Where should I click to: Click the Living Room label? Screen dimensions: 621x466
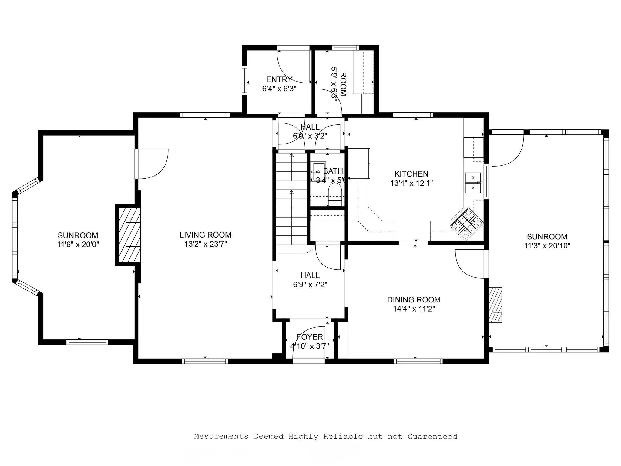point(205,235)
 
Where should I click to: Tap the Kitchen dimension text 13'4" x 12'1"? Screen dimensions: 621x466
point(411,183)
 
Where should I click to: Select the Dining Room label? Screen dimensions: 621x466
point(414,300)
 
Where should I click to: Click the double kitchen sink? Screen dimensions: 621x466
point(473,183)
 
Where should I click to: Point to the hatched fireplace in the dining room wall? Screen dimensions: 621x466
point(495,305)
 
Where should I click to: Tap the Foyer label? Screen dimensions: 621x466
point(310,337)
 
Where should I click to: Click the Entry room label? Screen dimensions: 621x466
point(279,79)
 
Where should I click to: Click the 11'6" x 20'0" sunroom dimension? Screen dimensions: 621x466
point(78,245)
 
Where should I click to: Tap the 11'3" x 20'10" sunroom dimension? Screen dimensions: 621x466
point(547,246)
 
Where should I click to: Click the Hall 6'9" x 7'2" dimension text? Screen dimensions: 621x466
point(310,285)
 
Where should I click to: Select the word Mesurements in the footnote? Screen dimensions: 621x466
point(221,437)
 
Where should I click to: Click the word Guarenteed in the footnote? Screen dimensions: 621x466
point(432,437)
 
